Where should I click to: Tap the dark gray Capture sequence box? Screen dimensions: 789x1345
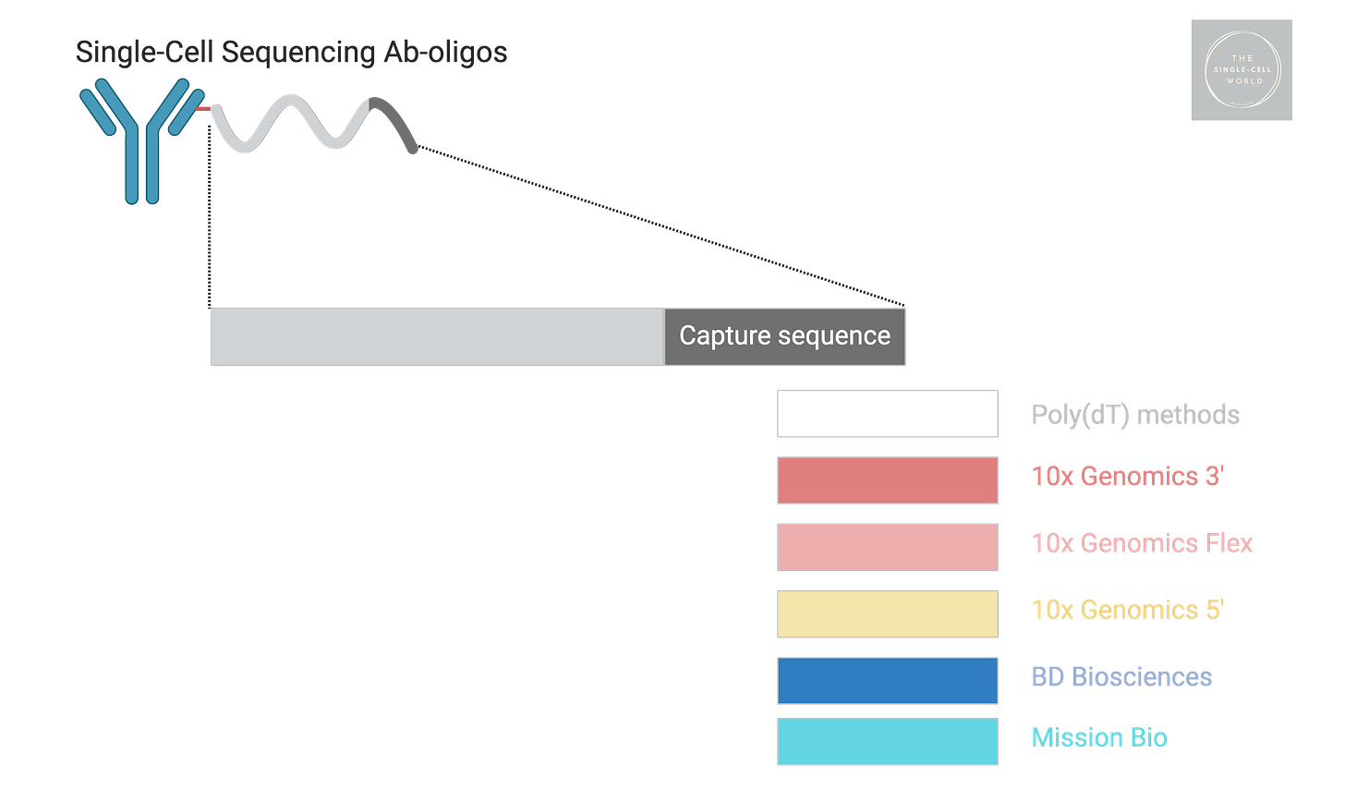785,336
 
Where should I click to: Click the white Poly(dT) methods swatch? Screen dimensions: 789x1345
887,414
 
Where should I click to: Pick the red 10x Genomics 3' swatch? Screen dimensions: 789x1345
887,480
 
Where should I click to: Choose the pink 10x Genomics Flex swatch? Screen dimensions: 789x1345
887,547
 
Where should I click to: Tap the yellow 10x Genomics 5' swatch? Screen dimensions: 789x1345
887,613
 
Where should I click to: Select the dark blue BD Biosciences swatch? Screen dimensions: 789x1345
887,680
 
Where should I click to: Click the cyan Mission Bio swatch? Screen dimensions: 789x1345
887,741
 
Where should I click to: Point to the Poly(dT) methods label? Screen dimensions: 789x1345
1135,415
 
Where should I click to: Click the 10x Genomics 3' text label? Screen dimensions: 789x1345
1128,476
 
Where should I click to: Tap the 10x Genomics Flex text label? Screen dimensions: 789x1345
1143,542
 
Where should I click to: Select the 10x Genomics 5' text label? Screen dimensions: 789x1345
1128,610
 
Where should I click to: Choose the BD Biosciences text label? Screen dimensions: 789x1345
1121,676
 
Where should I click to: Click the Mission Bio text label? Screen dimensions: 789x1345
1099,737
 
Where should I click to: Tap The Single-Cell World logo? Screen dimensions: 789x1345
1241,70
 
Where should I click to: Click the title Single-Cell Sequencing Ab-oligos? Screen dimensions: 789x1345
291,52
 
